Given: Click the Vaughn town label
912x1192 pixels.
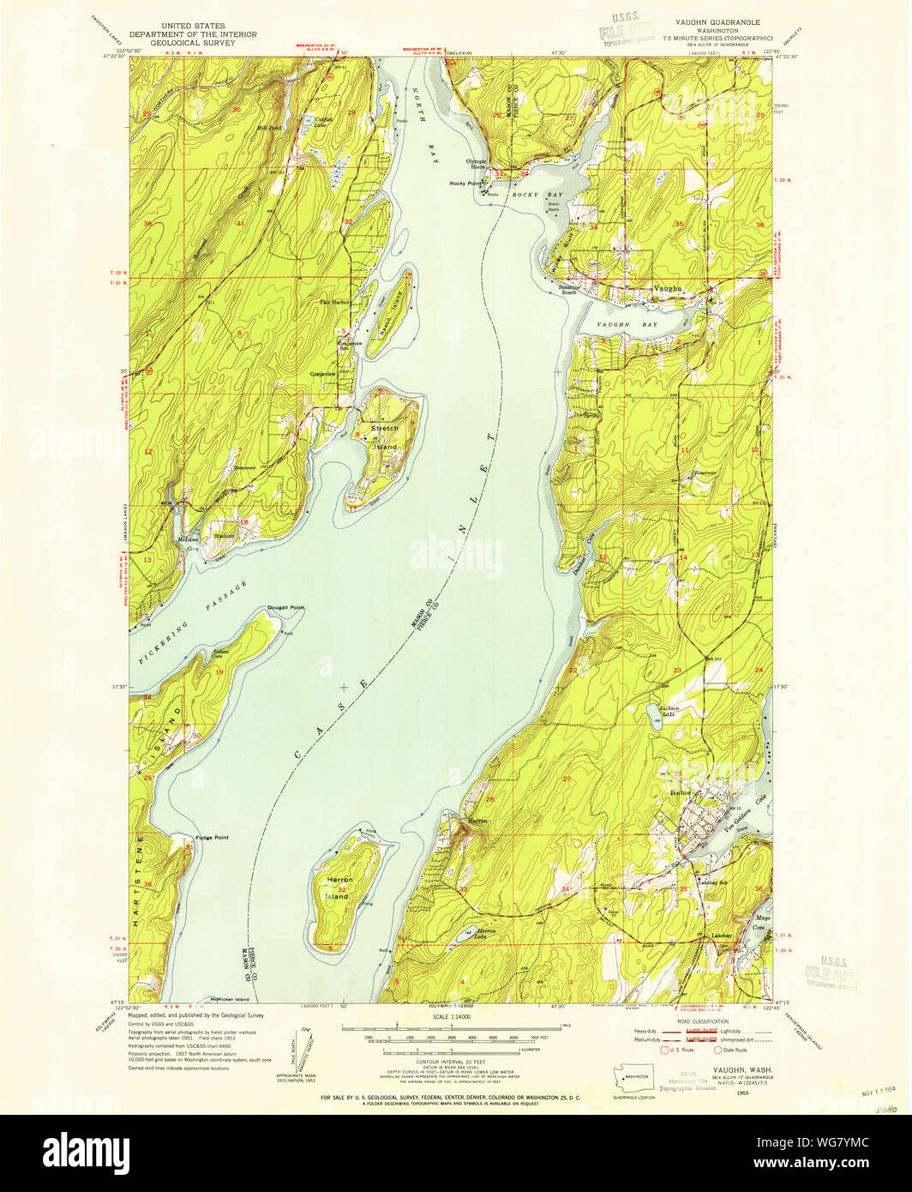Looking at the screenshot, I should (x=668, y=289).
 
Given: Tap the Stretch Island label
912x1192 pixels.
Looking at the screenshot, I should (x=385, y=437).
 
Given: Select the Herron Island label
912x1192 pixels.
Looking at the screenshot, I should (x=339, y=888).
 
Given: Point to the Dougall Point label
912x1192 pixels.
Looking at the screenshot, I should (x=285, y=607).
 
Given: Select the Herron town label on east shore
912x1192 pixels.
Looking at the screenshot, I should (x=477, y=821).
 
